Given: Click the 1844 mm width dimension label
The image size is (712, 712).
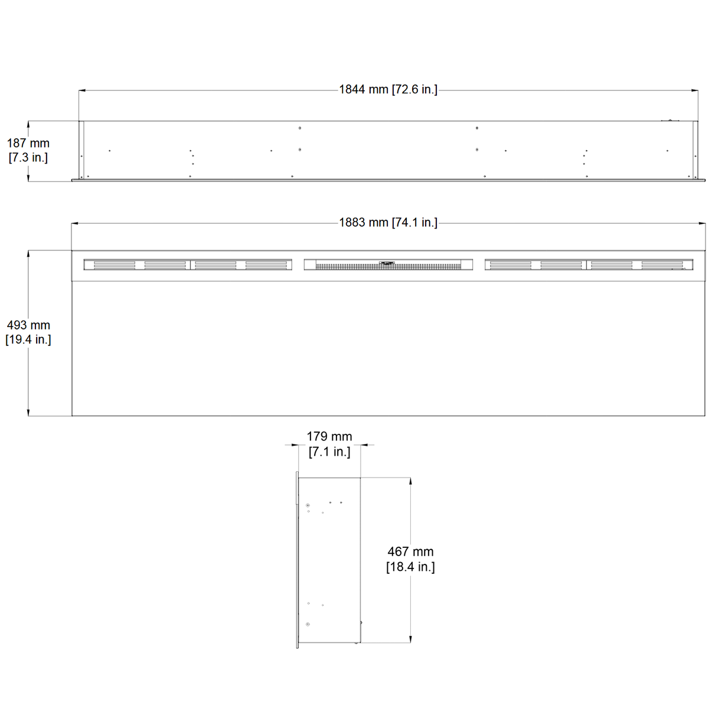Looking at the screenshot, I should (388, 90).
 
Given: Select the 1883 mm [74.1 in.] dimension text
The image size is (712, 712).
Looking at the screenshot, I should (388, 223).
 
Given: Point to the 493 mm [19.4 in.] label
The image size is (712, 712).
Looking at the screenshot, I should (28, 332).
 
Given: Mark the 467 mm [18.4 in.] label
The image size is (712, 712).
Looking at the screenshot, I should (410, 559).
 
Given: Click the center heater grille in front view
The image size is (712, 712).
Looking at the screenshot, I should (388, 265).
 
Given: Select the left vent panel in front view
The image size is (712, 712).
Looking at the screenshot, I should (188, 265).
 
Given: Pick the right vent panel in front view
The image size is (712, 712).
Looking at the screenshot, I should (589, 265).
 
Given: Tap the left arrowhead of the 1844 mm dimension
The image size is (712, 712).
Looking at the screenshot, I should (82, 90).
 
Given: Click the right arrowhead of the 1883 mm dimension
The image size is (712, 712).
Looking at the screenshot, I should (702, 223).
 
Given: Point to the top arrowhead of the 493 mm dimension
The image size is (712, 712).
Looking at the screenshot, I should (28, 254).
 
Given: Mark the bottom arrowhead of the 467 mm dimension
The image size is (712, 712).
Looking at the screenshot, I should (410, 639).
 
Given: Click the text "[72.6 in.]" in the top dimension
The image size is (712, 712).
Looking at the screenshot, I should (414, 90).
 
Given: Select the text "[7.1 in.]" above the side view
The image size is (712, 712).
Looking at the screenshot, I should (329, 452).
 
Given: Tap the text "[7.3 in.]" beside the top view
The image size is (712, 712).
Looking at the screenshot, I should (28, 158).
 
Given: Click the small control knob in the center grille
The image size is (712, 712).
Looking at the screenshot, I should (387, 263).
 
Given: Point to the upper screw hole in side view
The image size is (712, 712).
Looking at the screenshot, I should (308, 505).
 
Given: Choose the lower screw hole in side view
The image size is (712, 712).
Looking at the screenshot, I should (308, 624).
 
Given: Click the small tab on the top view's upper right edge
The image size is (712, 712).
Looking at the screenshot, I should (669, 120).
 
